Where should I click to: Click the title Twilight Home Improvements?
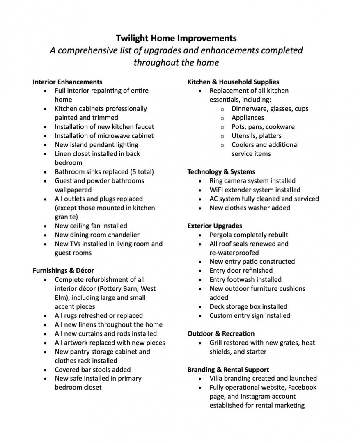(x=176, y=38)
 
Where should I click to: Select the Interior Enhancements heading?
(x=67, y=82)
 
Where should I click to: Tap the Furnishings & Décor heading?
(x=63, y=271)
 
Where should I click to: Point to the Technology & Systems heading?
(x=221, y=172)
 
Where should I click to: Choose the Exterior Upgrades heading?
(x=215, y=226)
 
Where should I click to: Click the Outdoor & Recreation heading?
(x=221, y=334)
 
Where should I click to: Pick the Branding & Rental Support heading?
(x=228, y=370)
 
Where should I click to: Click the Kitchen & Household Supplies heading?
(x=233, y=82)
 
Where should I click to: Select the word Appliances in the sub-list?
(x=248, y=118)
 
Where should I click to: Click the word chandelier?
(x=122, y=235)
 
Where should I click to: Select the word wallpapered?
(x=73, y=190)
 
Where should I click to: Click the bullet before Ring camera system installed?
(x=199, y=181)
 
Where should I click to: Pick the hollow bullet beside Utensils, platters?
(x=222, y=136)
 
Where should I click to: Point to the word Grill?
(x=216, y=343)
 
